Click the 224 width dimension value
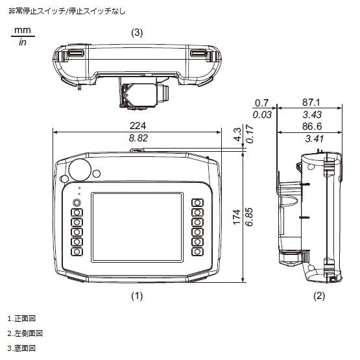coord(138,126)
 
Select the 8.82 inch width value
coord(138,138)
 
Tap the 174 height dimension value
coord(237,217)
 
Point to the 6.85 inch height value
coord(249,217)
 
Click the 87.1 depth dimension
coord(311,102)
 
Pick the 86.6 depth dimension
coord(312,126)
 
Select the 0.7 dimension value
coord(262,103)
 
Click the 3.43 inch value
coord(312,115)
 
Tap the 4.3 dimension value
coord(237,134)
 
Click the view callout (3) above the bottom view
coord(137,32)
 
